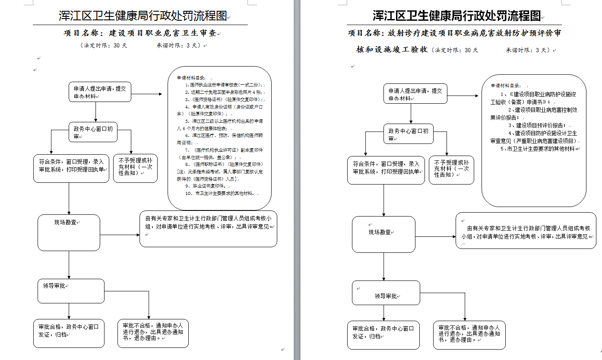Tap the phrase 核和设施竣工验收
392,50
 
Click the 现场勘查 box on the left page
69,233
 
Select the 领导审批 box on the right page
386,293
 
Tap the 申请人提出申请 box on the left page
100,92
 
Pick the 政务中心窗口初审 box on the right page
408,134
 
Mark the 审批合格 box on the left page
69,332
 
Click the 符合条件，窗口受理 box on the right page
386,170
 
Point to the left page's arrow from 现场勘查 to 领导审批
69,264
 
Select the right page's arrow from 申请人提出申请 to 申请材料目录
464,96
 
